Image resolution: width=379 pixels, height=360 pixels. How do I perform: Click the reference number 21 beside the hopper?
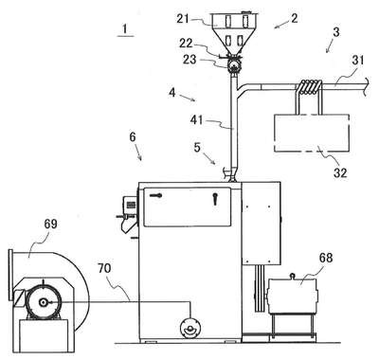[183, 19]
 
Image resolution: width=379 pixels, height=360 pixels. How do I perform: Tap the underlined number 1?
[125, 29]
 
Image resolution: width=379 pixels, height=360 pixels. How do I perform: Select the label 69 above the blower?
[50, 224]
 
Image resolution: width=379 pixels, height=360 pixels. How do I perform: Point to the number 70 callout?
[104, 268]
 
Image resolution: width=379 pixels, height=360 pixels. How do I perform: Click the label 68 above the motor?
[326, 258]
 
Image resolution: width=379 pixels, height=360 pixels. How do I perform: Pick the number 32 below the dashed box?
[340, 172]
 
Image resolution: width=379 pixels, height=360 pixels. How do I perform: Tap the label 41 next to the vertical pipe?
[196, 119]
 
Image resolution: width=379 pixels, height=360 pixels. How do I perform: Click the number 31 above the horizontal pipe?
[358, 60]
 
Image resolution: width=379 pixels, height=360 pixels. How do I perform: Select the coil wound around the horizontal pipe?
[309, 87]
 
